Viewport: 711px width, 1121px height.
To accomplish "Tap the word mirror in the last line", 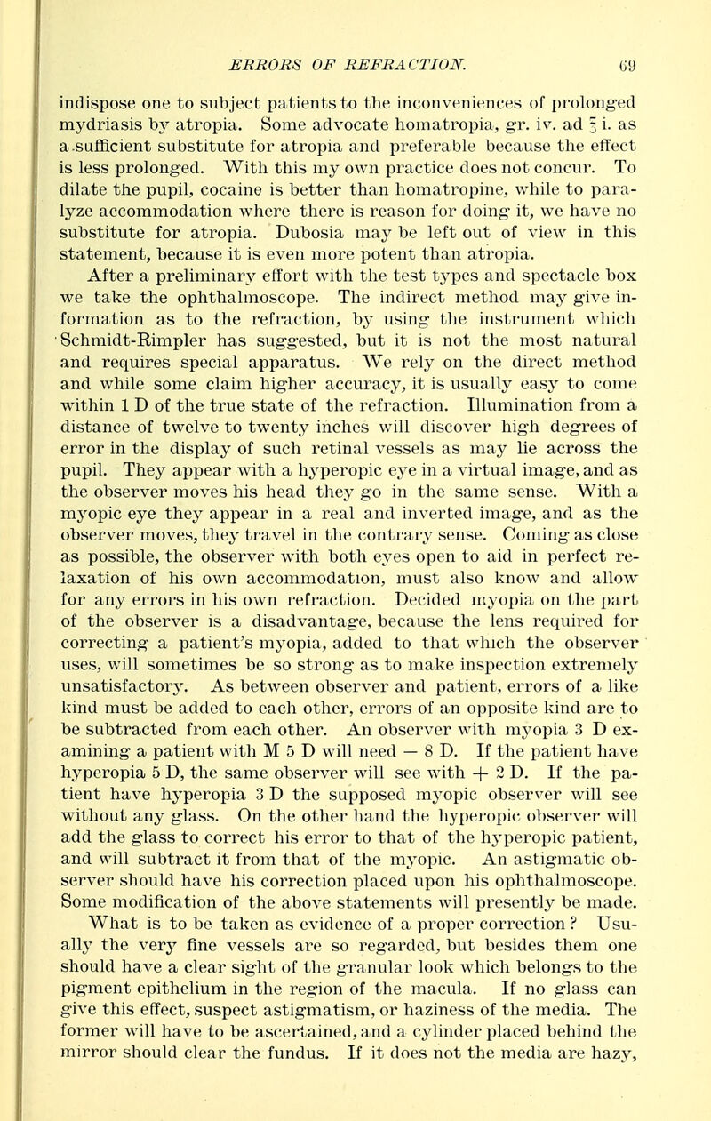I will click(80, 1037).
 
